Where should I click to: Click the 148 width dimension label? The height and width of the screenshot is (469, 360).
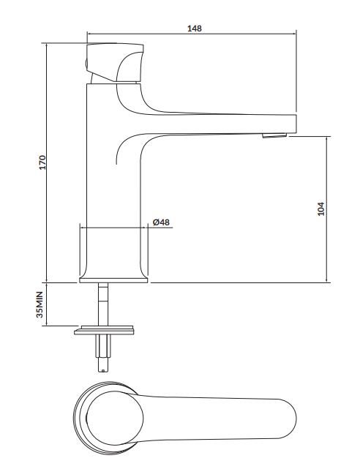click(x=195, y=29)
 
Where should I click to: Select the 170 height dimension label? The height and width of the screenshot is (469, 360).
click(x=42, y=162)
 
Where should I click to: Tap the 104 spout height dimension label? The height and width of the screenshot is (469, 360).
click(x=320, y=209)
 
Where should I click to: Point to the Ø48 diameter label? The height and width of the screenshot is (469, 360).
click(x=161, y=222)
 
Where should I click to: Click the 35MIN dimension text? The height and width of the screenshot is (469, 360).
click(x=40, y=304)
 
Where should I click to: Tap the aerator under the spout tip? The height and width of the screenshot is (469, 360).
click(x=274, y=135)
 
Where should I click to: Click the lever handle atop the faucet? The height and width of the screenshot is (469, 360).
click(x=115, y=62)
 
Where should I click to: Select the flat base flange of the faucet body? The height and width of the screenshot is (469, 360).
click(x=113, y=280)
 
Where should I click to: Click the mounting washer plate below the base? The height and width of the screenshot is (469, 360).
click(x=104, y=330)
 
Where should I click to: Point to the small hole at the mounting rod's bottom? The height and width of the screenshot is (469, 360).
click(x=103, y=371)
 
